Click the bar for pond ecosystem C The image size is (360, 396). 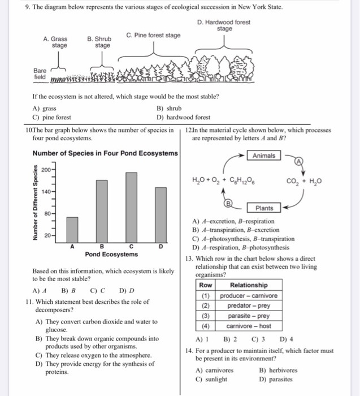tap(132, 208)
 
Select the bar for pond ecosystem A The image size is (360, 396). tap(72, 230)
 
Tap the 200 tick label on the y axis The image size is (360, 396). tap(46, 170)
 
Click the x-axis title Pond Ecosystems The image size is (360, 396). tap(111, 254)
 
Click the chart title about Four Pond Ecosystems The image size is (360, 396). tap(105, 153)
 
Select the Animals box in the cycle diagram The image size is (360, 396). tap(264, 156)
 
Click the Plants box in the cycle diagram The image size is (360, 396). tap(264, 208)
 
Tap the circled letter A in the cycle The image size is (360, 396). tap(299, 161)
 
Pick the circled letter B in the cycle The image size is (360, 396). tap(228, 203)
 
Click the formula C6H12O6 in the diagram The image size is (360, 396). tap(242, 180)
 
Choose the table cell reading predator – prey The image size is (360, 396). tap(249, 305)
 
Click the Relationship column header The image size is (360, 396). tap(249, 285)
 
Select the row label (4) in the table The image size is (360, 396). tap(206, 326)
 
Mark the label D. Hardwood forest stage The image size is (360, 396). tap(224, 25)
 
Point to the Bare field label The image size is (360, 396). tap(40, 74)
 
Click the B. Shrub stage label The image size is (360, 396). tap(99, 42)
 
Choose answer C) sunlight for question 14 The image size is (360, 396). tap(211, 379)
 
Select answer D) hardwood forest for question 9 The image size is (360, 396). tap(184, 117)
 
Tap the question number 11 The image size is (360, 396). tap(29, 302)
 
